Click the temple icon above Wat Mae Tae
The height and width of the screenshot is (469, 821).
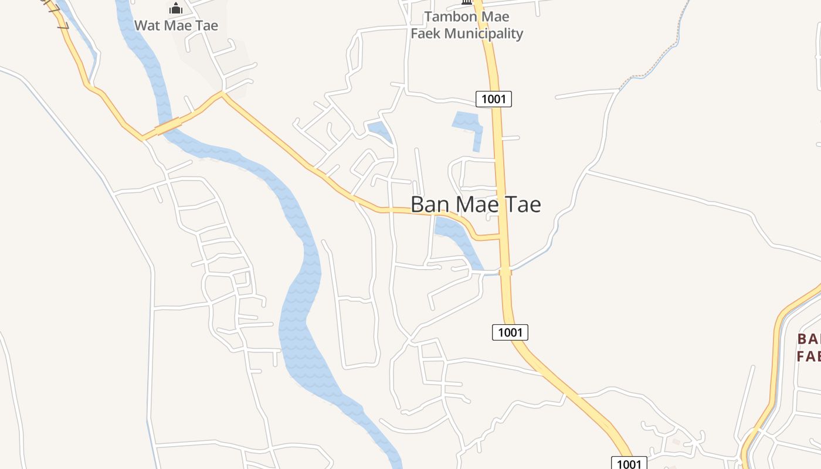(176, 8)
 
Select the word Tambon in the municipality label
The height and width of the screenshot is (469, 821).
(445, 17)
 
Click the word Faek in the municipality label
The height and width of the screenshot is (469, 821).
(426, 33)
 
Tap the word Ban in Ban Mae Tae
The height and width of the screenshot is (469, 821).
(431, 205)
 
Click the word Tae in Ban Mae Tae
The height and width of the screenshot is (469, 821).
(521, 205)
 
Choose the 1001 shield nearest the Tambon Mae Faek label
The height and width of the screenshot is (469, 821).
(493, 99)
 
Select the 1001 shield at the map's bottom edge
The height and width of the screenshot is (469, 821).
(629, 464)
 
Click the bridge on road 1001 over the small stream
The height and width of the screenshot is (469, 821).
(506, 272)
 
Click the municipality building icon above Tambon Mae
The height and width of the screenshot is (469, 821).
(467, 2)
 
